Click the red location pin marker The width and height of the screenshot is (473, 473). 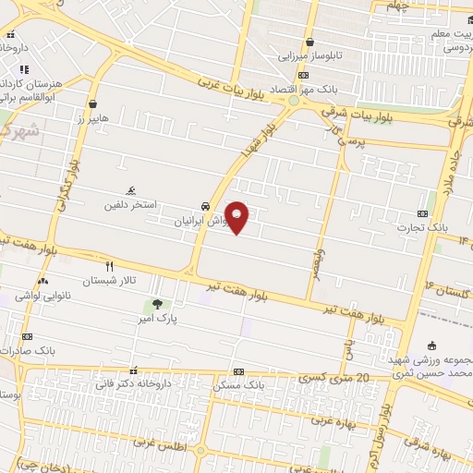click(x=238, y=217)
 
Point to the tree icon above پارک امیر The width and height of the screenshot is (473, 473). click(x=156, y=303)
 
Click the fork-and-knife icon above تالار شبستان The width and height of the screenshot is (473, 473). click(x=110, y=264)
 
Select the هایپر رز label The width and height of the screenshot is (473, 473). click(x=92, y=119)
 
